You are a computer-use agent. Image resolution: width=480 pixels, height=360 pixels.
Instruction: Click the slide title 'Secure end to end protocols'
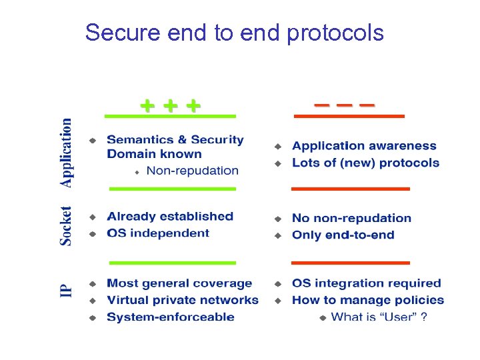click(x=235, y=32)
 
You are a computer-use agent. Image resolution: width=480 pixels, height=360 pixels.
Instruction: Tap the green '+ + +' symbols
click(x=170, y=105)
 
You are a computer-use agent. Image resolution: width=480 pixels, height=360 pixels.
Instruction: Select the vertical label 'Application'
click(x=66, y=153)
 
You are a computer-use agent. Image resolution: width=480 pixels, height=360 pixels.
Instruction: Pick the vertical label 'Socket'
click(x=66, y=225)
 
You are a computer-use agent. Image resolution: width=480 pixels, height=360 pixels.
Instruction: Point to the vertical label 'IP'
click(x=66, y=291)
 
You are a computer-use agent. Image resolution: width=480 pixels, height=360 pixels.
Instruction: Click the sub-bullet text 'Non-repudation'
click(x=192, y=171)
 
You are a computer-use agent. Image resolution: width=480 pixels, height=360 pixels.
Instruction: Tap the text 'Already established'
click(x=170, y=217)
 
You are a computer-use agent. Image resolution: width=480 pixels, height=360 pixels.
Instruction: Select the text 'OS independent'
click(x=158, y=233)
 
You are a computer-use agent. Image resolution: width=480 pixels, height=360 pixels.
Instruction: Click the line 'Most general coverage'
click(x=179, y=284)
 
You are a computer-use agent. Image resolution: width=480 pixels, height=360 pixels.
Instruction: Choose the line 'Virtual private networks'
click(x=183, y=300)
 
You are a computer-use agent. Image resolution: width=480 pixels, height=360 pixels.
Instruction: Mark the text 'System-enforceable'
click(x=171, y=317)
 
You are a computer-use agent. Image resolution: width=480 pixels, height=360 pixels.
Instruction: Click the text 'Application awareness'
click(x=364, y=146)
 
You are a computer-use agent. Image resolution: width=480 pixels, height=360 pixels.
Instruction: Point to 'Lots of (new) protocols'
click(x=365, y=163)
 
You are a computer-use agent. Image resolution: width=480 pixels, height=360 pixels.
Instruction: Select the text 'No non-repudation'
click(x=351, y=219)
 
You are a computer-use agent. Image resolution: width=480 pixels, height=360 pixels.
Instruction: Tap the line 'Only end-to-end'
click(x=343, y=235)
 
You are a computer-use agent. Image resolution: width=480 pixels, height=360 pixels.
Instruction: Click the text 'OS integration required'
click(x=367, y=284)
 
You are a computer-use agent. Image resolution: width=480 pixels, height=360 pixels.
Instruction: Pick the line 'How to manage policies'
click(x=368, y=300)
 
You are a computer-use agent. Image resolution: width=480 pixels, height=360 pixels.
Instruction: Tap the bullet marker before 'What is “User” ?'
click(x=323, y=317)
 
